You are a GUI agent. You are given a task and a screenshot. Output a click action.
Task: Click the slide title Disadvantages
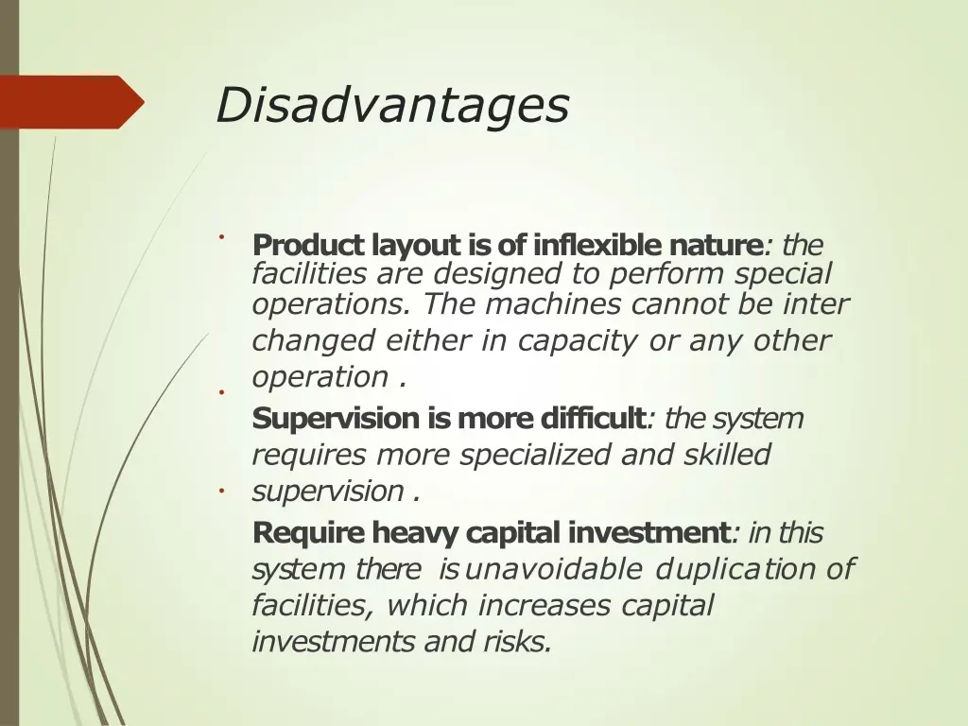tap(391, 105)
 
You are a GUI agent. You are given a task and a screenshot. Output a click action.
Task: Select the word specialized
tap(536, 455)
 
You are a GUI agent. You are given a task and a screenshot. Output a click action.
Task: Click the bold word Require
tap(308, 533)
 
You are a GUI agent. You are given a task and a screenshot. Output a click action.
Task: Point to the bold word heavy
tap(413, 533)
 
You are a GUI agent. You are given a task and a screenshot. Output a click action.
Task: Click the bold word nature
tap(715, 246)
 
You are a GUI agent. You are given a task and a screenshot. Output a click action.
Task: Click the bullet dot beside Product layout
tap(218, 236)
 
